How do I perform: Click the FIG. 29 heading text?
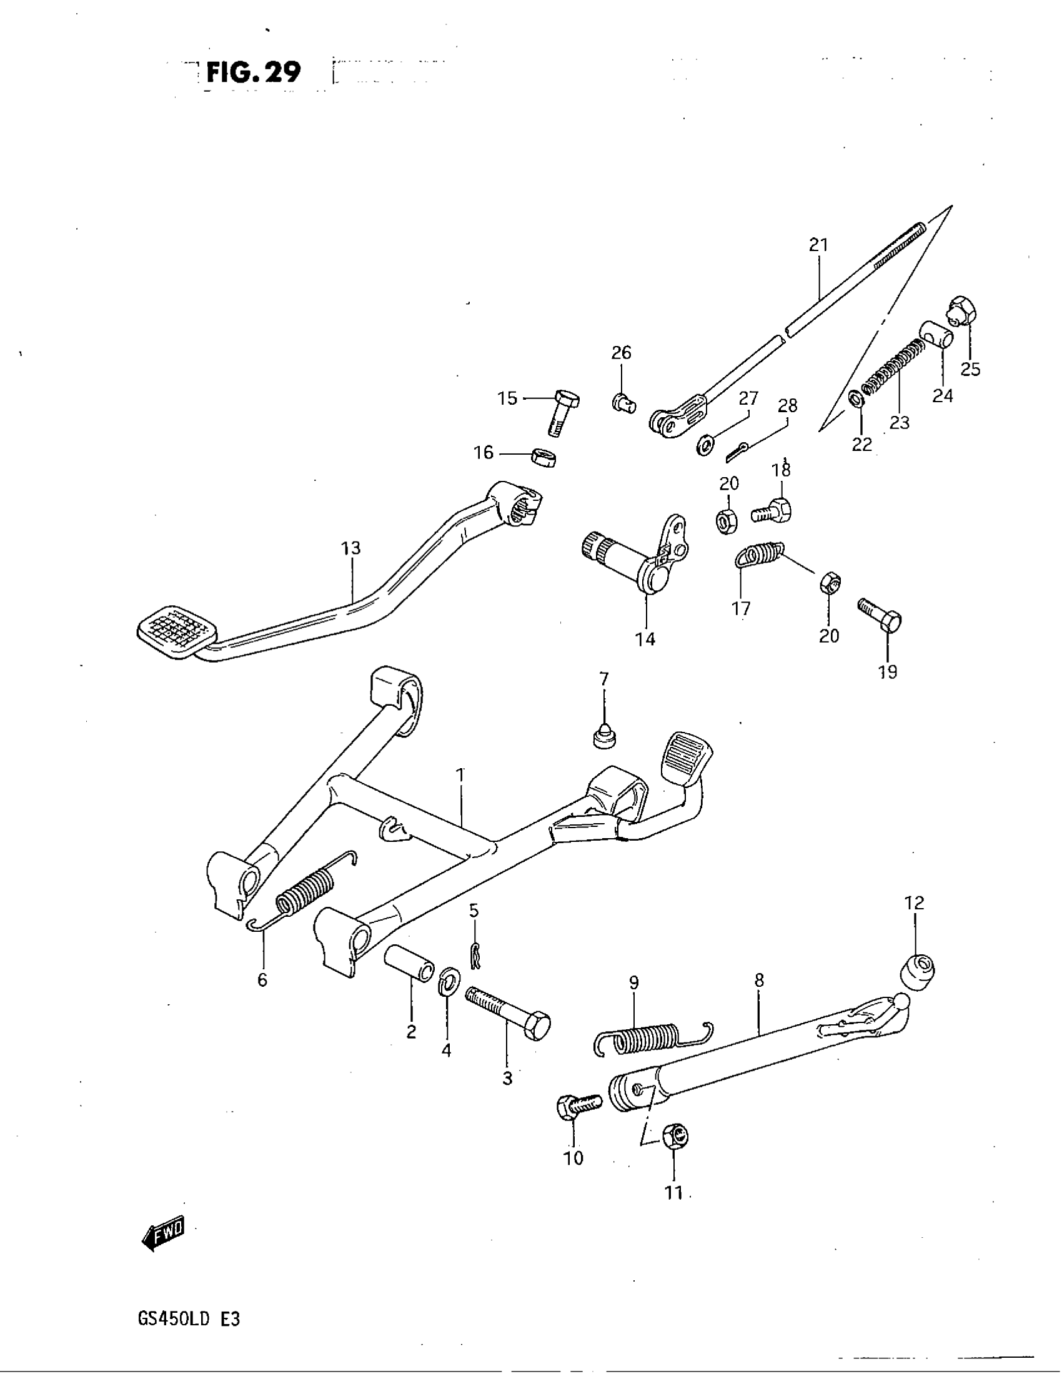pyautogui.click(x=253, y=73)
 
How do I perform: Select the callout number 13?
pyautogui.click(x=351, y=548)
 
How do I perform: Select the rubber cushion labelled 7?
pyautogui.click(x=604, y=735)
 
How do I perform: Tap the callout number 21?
pyautogui.click(x=818, y=245)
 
